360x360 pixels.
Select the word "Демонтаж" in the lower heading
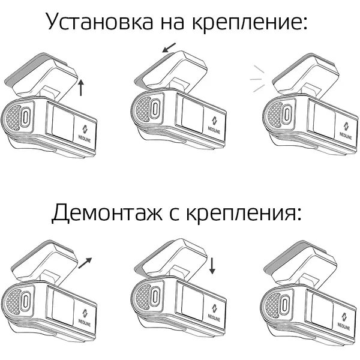click(x=107, y=212)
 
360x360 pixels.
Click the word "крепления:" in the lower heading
click(x=244, y=214)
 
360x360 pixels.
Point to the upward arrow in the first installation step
click(x=80, y=88)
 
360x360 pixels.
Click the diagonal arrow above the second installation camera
click(x=169, y=47)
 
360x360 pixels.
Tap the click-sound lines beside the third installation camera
click(x=257, y=79)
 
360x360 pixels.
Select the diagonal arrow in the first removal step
click(x=85, y=263)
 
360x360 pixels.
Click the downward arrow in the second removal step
click(x=212, y=266)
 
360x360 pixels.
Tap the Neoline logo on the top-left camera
click(x=85, y=134)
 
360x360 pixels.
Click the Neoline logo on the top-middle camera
click(x=214, y=125)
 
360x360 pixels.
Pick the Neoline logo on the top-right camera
click(x=346, y=131)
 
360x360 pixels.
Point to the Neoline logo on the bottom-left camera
click(x=85, y=318)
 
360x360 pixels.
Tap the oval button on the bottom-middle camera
click(x=155, y=295)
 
